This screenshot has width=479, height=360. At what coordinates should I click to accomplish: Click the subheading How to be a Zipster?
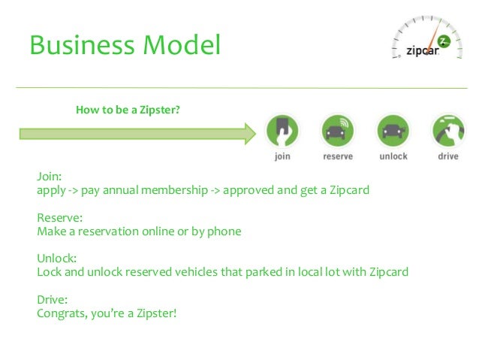(128, 110)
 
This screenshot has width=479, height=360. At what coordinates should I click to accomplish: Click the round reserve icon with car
(338, 130)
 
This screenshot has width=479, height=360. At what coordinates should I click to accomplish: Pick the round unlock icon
(393, 130)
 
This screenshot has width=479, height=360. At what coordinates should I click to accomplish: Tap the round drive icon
(447, 130)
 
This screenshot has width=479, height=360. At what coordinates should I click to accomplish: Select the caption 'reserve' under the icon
(338, 156)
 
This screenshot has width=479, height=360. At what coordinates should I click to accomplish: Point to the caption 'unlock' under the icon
(393, 156)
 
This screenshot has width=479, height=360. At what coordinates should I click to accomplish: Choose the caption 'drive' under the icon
(447, 156)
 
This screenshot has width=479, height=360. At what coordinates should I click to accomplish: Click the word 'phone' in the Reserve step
(223, 231)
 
